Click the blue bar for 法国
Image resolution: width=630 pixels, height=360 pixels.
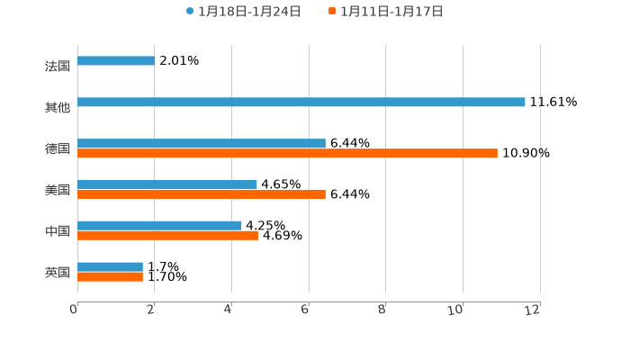[x=116, y=61]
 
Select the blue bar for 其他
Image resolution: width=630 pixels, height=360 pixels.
[x=301, y=103]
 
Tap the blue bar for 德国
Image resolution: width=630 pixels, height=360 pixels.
[x=202, y=144]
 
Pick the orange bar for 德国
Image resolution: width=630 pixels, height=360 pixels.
[x=287, y=154]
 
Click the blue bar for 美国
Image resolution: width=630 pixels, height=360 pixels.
[x=167, y=184]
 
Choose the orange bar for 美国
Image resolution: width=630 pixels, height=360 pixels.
[x=202, y=194]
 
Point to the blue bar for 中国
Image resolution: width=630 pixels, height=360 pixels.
[x=159, y=226]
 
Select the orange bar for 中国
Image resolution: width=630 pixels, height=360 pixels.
[x=167, y=236]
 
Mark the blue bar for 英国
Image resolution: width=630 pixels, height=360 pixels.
[x=110, y=267]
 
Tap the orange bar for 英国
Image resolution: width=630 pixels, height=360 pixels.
[x=110, y=277]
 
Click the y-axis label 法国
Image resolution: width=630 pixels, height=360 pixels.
[x=58, y=67]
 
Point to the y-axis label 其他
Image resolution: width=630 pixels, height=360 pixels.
[x=58, y=108]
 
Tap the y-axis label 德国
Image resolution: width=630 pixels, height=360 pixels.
[x=58, y=149]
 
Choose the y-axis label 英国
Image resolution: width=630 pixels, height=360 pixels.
[x=58, y=273]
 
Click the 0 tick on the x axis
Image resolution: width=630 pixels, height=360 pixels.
[x=75, y=310]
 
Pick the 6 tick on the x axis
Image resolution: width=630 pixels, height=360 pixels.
[x=306, y=310]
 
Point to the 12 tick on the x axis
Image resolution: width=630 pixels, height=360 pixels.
[x=534, y=310]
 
